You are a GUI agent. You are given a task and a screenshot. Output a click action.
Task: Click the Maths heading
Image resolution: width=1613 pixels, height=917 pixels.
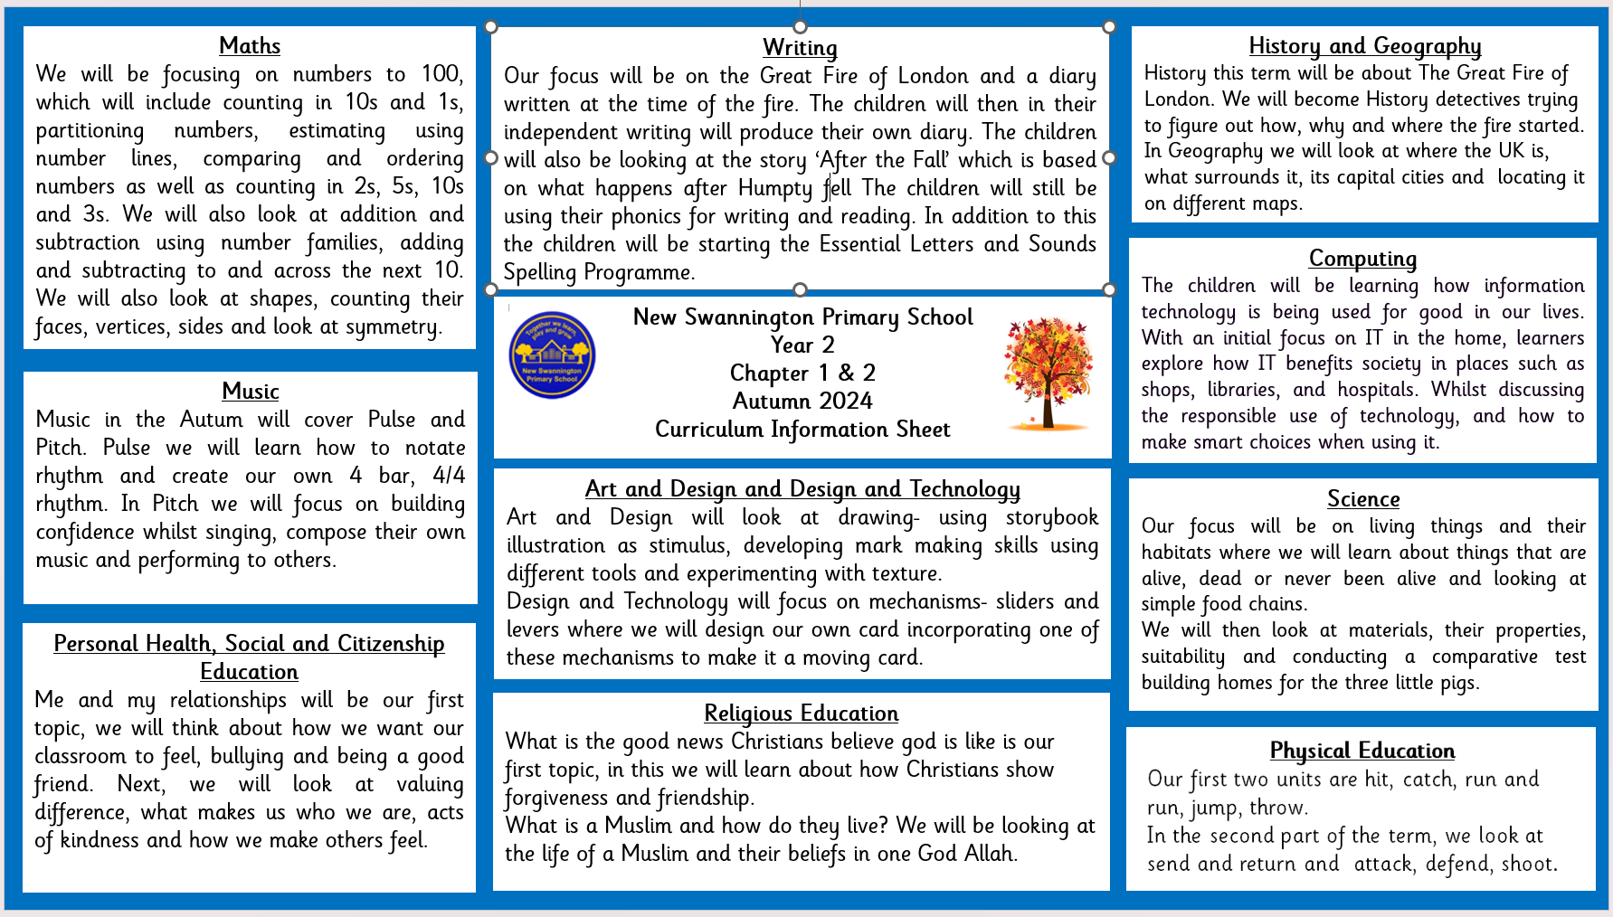point(250,46)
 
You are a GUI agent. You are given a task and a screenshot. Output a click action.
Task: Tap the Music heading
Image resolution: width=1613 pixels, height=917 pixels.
point(251,392)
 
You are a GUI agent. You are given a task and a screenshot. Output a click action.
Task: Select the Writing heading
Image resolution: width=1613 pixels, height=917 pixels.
point(800,48)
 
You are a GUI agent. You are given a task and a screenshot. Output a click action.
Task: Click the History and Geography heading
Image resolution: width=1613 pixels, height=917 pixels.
point(1364,46)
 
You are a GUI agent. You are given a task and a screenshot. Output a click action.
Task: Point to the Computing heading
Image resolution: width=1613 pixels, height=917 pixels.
point(1362,259)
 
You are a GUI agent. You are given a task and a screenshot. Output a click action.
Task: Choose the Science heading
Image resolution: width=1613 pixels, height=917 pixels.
point(1363,499)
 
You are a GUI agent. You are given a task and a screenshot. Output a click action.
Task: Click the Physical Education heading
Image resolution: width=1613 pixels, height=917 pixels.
point(1362,751)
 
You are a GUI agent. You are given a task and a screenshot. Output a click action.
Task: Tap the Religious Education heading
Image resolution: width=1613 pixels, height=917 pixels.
point(801,714)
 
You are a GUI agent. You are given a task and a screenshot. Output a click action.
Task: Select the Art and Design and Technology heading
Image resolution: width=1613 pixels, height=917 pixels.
point(802,489)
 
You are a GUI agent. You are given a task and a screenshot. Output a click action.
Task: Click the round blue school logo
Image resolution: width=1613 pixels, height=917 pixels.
point(552,355)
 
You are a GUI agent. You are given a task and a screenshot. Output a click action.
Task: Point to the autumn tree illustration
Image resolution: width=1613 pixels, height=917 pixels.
point(1048,371)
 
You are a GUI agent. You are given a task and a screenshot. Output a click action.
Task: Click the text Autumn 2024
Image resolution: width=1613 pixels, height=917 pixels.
point(802,402)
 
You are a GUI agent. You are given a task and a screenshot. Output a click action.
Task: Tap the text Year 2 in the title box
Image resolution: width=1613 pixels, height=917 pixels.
point(802,345)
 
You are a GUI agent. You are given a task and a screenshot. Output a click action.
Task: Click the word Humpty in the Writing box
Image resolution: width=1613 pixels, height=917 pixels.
point(775,189)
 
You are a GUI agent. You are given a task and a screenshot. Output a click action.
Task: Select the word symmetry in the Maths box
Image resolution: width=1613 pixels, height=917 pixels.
point(399,327)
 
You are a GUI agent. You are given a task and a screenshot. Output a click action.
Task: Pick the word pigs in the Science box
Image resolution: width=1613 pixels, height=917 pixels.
point(1457,683)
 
